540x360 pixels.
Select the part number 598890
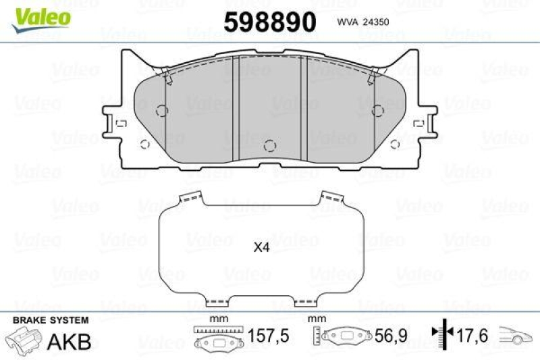click(x=269, y=22)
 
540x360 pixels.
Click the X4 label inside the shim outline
click(x=261, y=248)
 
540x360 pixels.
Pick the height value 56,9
click(x=389, y=336)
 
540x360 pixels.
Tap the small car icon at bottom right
click(x=516, y=336)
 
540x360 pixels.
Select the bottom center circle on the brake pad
click(x=269, y=145)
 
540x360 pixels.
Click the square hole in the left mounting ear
click(x=122, y=124)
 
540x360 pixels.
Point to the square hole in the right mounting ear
click(x=418, y=124)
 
